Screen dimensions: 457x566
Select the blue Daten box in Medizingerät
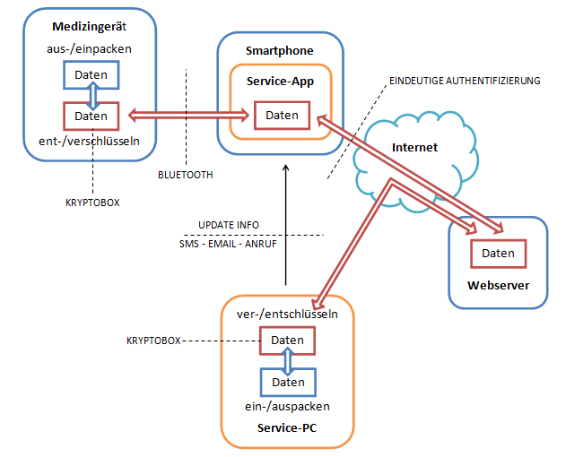tap(91, 74)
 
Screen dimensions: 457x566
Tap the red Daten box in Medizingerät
tap(91, 116)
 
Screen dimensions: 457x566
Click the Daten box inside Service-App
tap(282, 115)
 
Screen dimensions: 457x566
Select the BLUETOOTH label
tap(185, 175)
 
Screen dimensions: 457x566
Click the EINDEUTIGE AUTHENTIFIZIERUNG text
tap(465, 81)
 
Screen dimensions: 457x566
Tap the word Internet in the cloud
tap(414, 147)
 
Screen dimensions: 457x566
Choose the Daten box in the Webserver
tap(498, 254)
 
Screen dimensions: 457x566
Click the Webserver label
tap(498, 286)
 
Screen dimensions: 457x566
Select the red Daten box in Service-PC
tap(288, 341)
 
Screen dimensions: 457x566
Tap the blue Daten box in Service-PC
tap(288, 382)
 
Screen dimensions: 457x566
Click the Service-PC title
tap(287, 427)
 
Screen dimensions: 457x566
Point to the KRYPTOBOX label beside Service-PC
tap(155, 341)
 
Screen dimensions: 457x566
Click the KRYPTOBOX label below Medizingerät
tap(92, 203)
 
